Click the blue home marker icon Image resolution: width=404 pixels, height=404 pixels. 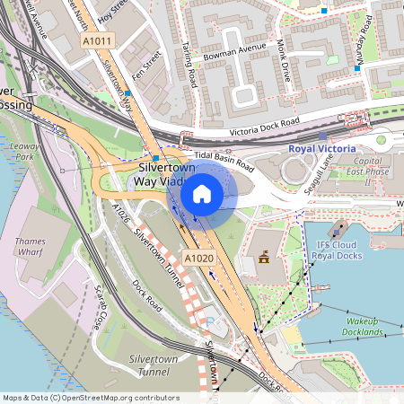202,193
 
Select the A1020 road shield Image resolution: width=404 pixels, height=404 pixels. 199,259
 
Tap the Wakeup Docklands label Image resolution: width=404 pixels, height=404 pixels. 355,326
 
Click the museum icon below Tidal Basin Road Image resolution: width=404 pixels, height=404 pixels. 264,259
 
